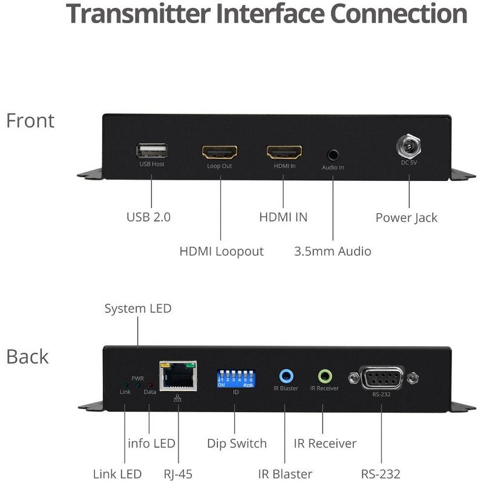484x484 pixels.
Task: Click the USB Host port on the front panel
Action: click(x=152, y=151)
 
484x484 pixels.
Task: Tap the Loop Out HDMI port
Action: click(x=220, y=152)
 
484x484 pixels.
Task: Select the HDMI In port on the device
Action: click(x=284, y=152)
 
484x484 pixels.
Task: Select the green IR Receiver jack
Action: click(x=325, y=375)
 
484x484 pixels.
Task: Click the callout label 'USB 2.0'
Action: click(x=148, y=217)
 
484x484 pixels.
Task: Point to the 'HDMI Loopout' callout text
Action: click(x=221, y=251)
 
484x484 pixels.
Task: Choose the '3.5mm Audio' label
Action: click(x=332, y=251)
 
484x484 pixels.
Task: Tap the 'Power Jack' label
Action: click(x=406, y=218)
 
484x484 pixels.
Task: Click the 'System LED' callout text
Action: click(x=138, y=309)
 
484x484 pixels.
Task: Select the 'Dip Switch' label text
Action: click(x=237, y=443)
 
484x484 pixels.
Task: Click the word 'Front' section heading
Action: click(x=30, y=120)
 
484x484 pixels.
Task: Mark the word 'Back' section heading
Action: click(x=27, y=356)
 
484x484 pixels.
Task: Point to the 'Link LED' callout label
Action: click(x=117, y=474)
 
